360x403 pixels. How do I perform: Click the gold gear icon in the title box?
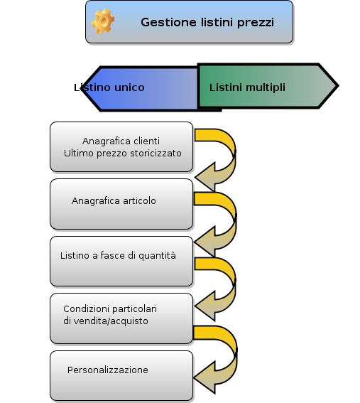103,21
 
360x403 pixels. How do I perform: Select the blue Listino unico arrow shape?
140,89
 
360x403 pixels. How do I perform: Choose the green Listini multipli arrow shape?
268,86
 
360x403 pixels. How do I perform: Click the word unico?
129,87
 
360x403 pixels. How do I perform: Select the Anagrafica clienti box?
121,146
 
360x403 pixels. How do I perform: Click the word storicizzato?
156,154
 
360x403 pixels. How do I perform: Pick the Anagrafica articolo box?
121,204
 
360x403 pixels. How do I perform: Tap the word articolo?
139,200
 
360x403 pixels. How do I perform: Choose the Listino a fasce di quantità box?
121,261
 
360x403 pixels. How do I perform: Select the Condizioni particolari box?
121,318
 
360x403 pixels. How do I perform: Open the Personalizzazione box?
121,375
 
